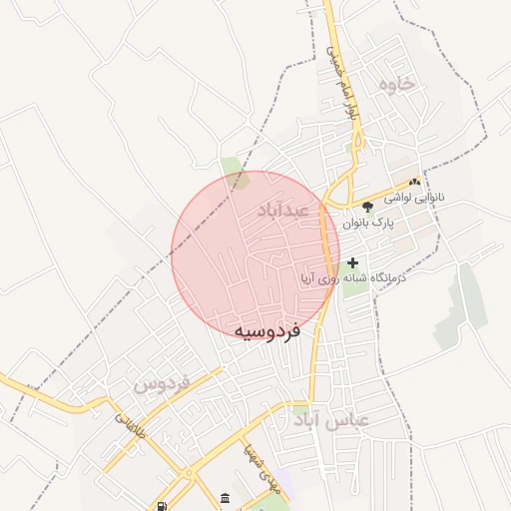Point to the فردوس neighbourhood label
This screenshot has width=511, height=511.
[161, 383]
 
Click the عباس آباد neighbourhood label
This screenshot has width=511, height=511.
[331, 420]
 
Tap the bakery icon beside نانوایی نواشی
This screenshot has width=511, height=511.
[414, 182]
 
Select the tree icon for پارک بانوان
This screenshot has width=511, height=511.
[368, 207]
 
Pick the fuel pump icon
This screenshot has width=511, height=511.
[163, 504]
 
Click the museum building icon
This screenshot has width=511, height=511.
[225, 498]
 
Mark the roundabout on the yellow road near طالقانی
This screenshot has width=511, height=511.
[186, 472]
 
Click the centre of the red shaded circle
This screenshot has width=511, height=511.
[255, 255]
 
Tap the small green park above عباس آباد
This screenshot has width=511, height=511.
[300, 408]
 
